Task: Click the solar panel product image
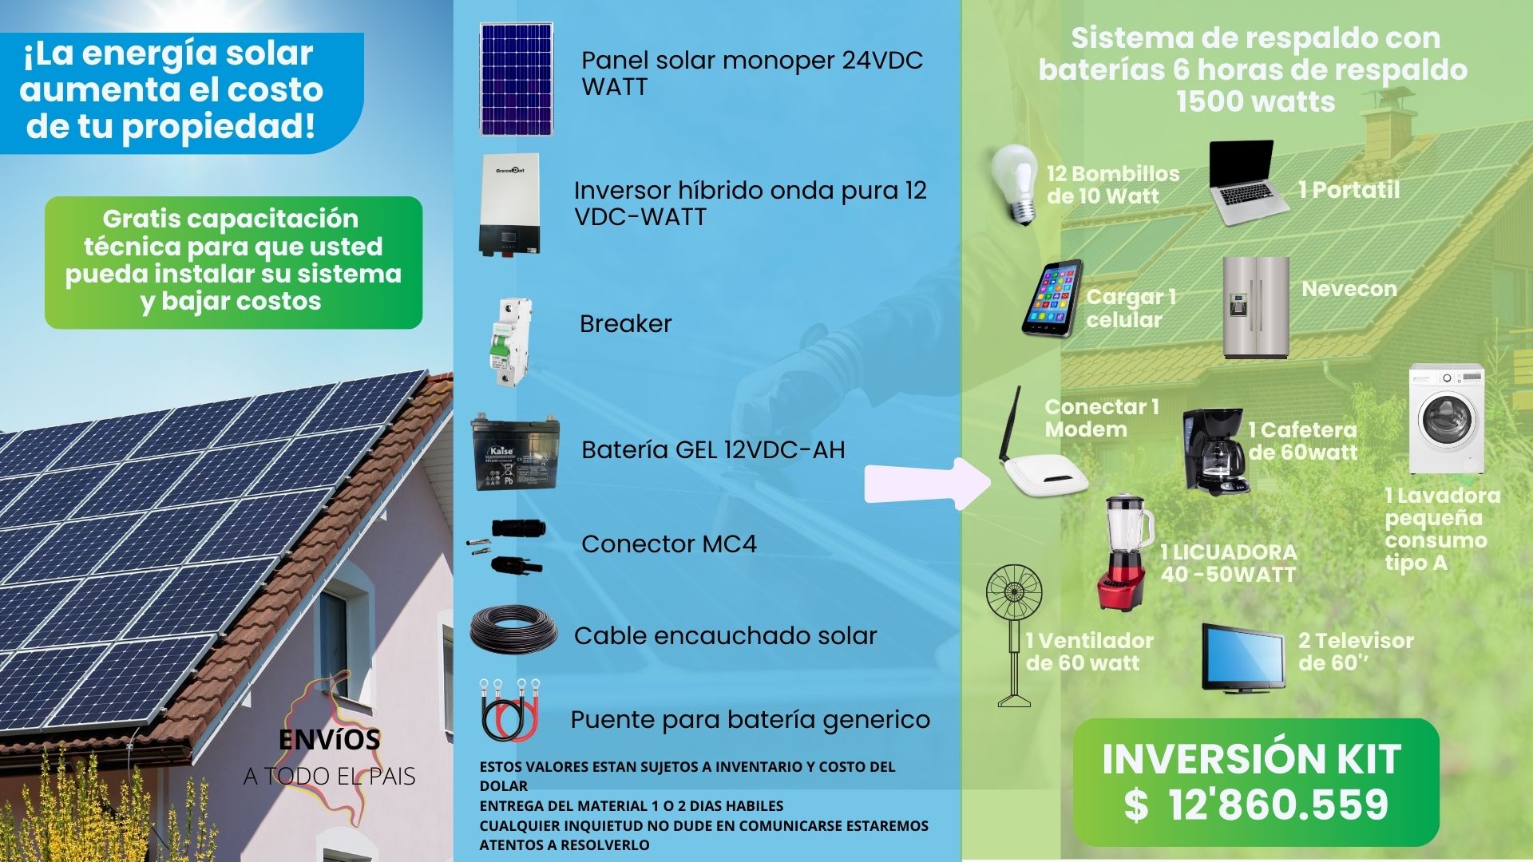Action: [x=516, y=79]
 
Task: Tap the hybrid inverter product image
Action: [x=509, y=205]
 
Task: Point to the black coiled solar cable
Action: [x=513, y=631]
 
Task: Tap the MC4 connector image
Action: [x=506, y=546]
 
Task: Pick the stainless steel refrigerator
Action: [x=1256, y=307]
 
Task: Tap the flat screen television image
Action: [x=1243, y=658]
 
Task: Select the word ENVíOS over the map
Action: [x=329, y=740]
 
